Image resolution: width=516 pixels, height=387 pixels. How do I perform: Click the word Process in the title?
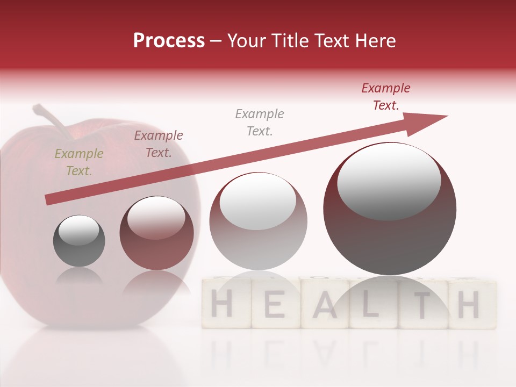coord(169,41)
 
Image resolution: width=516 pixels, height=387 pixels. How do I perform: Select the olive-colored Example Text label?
coord(78,162)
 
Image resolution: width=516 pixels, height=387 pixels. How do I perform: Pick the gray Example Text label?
coord(260,123)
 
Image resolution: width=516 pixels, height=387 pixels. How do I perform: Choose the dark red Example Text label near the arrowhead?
coord(385,97)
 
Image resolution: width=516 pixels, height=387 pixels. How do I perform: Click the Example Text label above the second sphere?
coord(159,144)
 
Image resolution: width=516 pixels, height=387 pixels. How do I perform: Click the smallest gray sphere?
coord(79,241)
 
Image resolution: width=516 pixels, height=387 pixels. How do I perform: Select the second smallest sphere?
coord(156,233)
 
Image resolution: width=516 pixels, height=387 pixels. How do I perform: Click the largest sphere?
coord(390,209)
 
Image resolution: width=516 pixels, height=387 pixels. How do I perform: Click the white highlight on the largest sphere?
coord(389,180)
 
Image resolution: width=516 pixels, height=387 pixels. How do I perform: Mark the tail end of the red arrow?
coord(48,200)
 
